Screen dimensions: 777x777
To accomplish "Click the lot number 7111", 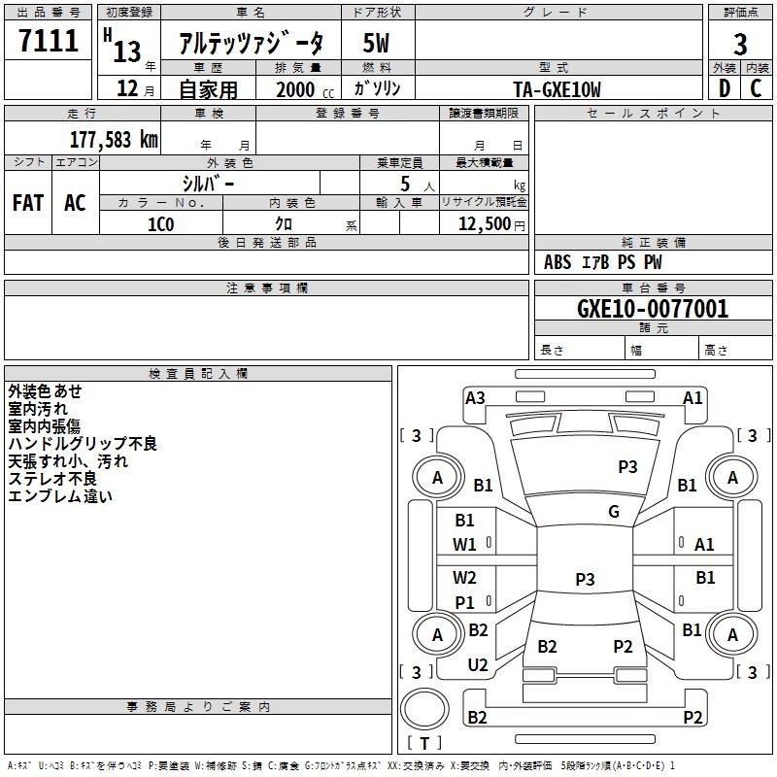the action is [49, 40].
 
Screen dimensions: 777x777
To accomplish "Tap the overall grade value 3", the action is [740, 44].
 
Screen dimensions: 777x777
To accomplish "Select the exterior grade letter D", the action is [725, 88].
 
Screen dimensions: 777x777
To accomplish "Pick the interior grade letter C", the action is [756, 88].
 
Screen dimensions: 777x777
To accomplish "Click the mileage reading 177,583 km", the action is [114, 139].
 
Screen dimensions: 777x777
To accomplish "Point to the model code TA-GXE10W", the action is [557, 89].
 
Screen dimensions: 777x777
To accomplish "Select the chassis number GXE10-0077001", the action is [653, 308].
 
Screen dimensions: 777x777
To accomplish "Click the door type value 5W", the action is [376, 43].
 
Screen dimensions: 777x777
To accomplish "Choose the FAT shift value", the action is [28, 203].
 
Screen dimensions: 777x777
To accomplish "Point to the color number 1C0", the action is [161, 224].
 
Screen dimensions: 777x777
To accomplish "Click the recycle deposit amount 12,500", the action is [484, 224].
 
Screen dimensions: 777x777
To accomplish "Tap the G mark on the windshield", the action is [614, 511].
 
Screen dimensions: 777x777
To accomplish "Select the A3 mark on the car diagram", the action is [475, 398].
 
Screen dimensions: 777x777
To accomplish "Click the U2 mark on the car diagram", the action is [478, 665].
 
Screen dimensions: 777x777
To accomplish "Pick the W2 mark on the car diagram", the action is [464, 577].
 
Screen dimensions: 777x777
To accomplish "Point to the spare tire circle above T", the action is [424, 709].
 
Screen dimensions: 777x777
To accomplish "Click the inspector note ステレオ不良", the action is [52, 479].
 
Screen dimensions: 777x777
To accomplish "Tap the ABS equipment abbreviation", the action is [557, 262].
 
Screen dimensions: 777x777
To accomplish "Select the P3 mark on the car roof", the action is [627, 466].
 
